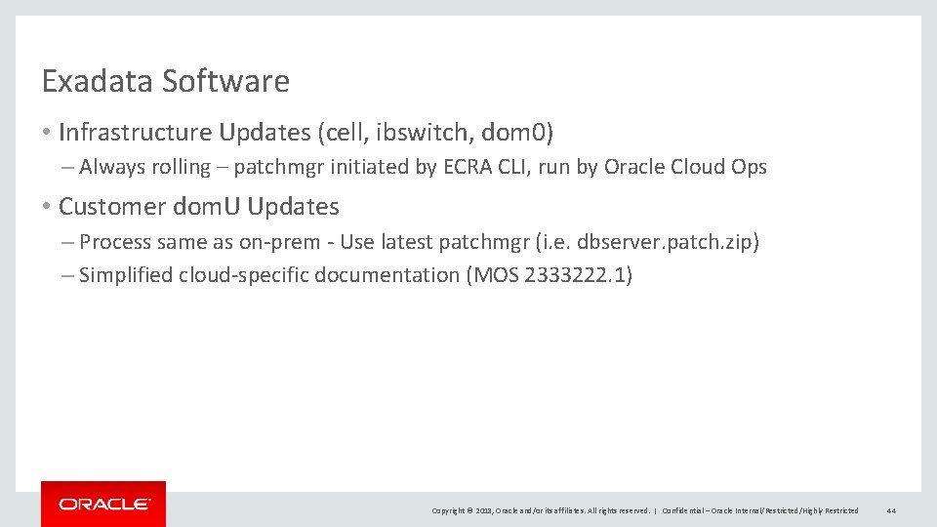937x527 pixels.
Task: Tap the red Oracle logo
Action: (103, 504)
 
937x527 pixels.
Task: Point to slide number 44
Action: (892, 510)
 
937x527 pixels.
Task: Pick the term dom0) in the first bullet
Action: (518, 132)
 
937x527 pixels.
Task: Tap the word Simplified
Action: (126, 275)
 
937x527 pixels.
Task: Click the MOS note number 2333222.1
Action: (577, 275)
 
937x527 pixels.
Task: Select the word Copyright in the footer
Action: (449, 510)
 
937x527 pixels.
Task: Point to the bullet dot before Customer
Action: (47, 207)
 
